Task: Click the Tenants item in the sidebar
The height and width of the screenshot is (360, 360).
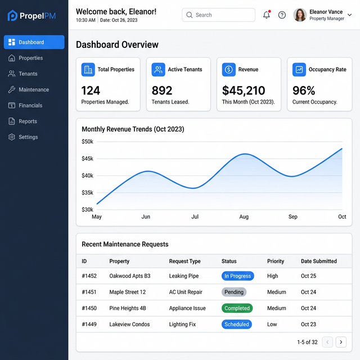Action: click(28, 74)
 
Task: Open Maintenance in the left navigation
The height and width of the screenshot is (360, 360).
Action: click(33, 89)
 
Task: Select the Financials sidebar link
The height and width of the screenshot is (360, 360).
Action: click(30, 105)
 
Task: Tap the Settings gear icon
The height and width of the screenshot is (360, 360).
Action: click(12, 137)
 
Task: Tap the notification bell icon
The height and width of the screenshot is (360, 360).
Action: click(267, 15)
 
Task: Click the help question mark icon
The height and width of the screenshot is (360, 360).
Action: click(282, 15)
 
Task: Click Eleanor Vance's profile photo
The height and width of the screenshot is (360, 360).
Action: click(300, 15)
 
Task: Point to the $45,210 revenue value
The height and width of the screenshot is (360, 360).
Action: click(244, 91)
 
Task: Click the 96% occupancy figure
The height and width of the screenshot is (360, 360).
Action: click(304, 91)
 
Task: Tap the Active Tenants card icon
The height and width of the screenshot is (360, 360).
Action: click(158, 70)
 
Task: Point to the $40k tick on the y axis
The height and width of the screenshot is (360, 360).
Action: click(87, 175)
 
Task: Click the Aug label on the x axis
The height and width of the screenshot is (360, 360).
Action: click(244, 217)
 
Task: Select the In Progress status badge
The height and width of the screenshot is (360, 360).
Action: click(237, 276)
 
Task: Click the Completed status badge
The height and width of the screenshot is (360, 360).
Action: click(237, 308)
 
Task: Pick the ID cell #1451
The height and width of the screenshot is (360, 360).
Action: click(89, 292)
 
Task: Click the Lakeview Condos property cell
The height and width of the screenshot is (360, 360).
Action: click(129, 325)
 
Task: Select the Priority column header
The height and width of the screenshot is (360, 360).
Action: click(276, 261)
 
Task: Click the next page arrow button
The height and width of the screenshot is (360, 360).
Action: click(341, 341)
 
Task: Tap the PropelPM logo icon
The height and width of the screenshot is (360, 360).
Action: click(12, 16)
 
